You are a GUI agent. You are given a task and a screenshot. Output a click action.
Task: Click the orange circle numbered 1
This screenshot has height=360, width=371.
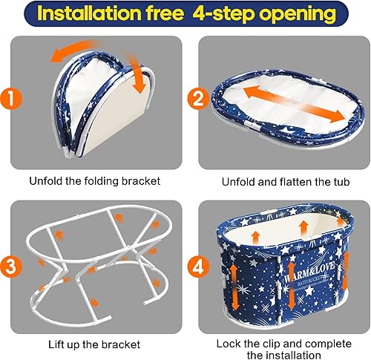coord(11,99)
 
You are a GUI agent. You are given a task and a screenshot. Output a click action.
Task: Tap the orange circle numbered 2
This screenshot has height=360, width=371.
coord(198,99)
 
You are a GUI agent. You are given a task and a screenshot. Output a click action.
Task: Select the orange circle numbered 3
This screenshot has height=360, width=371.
coord(11,266)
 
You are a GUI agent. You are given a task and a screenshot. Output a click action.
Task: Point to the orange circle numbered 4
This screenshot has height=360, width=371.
coord(198,267)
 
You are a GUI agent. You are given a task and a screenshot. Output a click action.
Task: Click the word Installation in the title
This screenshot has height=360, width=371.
coord(89,13)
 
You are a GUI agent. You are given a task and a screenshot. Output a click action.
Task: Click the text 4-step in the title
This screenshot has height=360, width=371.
coord(223,14)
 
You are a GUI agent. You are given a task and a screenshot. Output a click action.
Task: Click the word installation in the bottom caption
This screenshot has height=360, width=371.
coord(293,355)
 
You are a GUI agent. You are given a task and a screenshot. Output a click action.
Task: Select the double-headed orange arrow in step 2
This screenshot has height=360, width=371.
coord(294,104)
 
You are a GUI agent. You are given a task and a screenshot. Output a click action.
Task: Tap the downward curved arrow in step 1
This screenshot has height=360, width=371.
coord(135,72)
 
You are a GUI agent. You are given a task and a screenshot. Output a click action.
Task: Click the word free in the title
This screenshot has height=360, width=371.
coord(165,13)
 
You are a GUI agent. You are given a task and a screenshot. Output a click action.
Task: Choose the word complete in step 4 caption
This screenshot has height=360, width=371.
coord(328,344)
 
